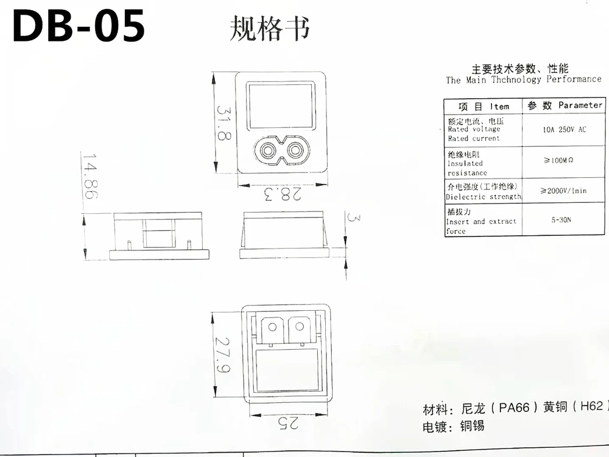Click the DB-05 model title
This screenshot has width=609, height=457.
[79, 26]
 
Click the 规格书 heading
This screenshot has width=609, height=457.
[269, 27]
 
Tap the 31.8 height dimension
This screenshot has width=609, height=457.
[224, 122]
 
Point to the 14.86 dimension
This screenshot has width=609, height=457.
[89, 177]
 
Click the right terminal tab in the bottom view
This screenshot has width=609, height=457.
[300, 330]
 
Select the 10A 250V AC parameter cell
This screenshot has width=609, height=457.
[564, 129]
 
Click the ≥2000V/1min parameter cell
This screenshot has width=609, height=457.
[563, 191]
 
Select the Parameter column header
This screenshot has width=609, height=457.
[580, 105]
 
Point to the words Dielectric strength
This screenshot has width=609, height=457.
[484, 197]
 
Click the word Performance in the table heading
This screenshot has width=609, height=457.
[573, 79]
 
